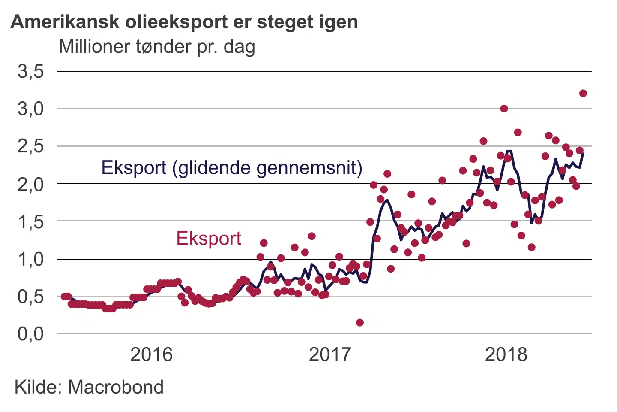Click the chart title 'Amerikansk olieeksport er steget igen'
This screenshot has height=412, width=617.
pos(184,21)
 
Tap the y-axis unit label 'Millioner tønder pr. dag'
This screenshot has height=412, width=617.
pos(157,46)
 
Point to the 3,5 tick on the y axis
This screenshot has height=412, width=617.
pos(31,71)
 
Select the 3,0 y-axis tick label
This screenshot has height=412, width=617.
pos(31,109)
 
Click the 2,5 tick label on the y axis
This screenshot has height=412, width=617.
pos(31,146)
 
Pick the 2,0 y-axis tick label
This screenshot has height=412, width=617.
pos(31,184)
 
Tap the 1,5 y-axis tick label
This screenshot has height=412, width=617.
pos(31,221)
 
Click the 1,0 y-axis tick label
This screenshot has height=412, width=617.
pos(31,259)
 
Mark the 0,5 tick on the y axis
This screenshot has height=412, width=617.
pos(31,297)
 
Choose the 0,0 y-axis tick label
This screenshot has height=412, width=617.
pos(31,334)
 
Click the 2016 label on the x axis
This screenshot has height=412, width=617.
pos(151,354)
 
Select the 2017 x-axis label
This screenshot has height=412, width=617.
pos(329,354)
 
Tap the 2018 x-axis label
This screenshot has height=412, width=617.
pos(506,354)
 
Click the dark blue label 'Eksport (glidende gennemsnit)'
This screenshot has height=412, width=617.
pos(232,167)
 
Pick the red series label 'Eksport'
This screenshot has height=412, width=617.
pos(209,238)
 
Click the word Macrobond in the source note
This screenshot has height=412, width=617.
pos(116,387)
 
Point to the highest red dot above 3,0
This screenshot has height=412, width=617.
pos(583,93)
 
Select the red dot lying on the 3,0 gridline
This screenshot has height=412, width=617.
pos(504,109)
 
